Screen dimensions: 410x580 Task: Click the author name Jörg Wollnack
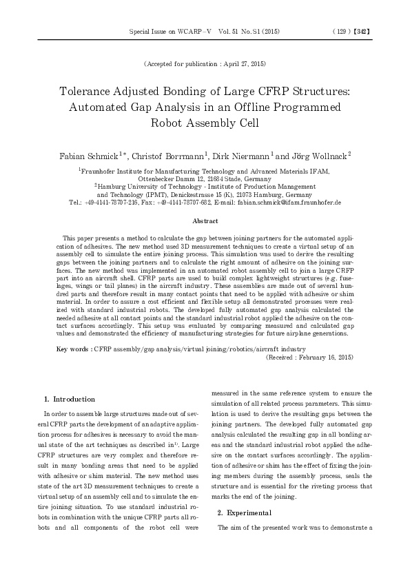click(319, 155)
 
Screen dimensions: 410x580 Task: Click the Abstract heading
click(205, 221)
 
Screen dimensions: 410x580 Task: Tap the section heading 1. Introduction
click(70, 399)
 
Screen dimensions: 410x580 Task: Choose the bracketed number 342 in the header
click(365, 32)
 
